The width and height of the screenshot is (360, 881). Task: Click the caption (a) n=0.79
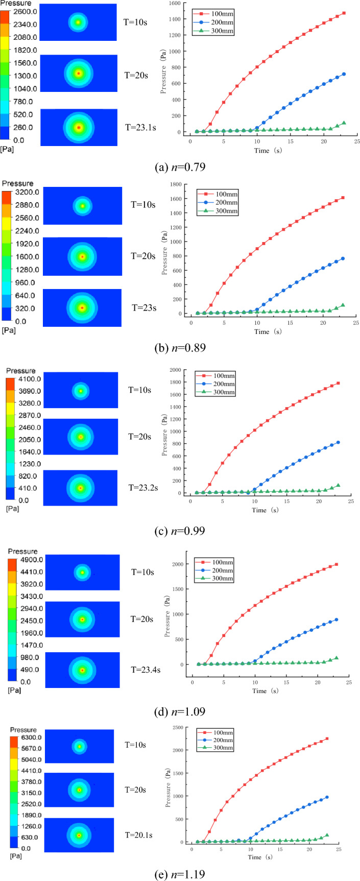click(180, 166)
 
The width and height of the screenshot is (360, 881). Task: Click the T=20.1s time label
click(139, 835)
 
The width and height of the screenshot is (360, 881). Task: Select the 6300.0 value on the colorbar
click(25, 738)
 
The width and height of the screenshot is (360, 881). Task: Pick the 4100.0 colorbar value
click(25, 379)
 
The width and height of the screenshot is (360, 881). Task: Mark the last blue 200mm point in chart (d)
click(336, 620)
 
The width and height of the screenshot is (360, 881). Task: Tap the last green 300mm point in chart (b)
click(343, 305)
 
